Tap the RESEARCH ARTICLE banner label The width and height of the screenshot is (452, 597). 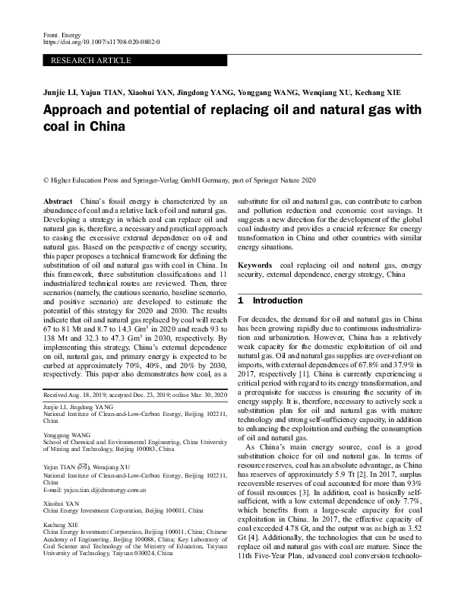point(90,60)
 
